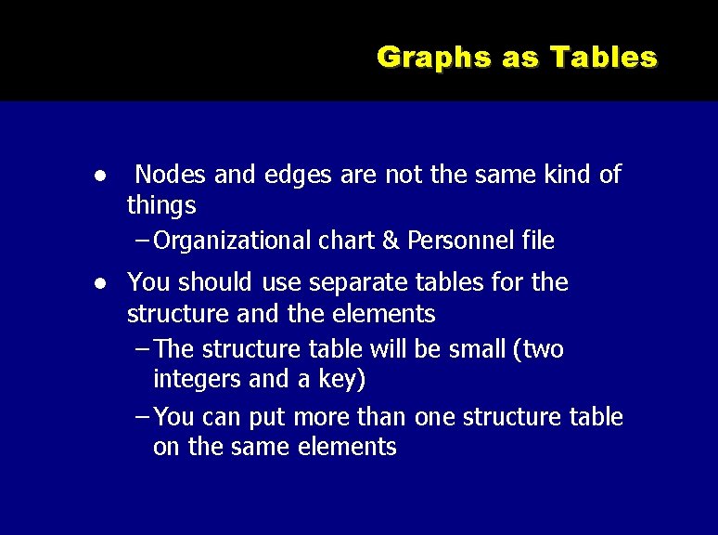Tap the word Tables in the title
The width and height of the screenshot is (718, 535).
(604, 58)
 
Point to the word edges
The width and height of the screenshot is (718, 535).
(298, 174)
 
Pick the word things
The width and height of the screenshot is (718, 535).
(161, 204)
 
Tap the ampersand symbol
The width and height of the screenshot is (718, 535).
(390, 241)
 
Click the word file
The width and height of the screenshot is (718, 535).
(538, 241)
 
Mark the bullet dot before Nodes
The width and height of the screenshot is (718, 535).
(96, 176)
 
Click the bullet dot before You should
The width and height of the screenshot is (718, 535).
(96, 283)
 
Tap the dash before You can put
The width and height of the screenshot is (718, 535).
(142, 417)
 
